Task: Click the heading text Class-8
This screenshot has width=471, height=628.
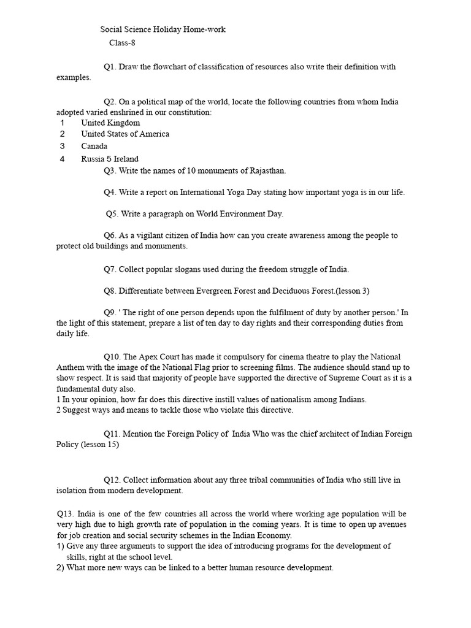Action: pos(122,42)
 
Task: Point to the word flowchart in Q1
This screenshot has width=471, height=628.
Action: pos(169,66)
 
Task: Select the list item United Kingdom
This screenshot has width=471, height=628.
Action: pos(110,123)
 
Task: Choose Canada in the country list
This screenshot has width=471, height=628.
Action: pos(94,146)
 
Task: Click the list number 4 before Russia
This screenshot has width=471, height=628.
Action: pos(62,159)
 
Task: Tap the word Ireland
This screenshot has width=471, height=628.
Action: pos(126,159)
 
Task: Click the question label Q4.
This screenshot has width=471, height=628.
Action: pos(110,192)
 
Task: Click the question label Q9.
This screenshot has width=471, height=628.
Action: pos(110,312)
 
